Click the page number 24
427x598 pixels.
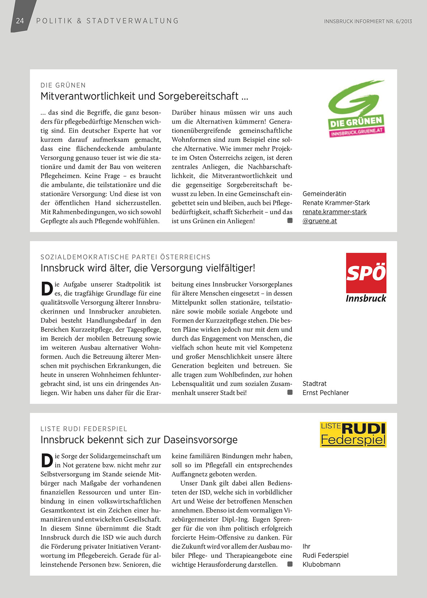20,21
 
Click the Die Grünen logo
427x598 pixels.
356,108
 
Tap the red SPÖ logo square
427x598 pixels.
366,273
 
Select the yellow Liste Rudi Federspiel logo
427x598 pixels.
353,434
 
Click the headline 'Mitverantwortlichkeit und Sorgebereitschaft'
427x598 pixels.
144,96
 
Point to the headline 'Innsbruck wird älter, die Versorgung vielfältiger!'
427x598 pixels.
148,268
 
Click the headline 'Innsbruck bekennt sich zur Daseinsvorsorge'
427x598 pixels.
139,440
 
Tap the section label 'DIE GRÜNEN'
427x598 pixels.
63,85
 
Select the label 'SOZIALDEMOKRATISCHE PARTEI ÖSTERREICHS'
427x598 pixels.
125,257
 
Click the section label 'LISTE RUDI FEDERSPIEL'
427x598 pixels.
84,429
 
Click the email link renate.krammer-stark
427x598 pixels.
334,212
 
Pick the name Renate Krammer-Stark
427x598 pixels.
336,203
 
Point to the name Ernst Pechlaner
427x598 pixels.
325,393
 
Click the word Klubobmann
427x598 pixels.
321,564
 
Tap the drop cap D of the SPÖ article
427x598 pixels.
47,289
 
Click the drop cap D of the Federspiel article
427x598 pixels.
47,460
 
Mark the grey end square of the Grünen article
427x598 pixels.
290,221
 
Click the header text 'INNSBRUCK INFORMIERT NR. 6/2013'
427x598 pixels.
368,21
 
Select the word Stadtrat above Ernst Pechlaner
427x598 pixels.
315,384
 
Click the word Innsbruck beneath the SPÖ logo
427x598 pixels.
366,299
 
